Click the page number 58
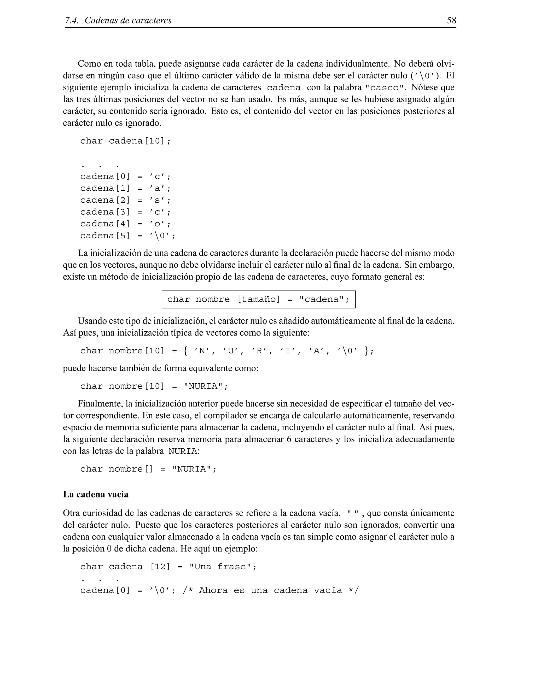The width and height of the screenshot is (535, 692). [x=451, y=20]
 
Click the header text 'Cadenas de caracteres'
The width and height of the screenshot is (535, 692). [x=128, y=21]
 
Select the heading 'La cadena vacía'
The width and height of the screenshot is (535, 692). [x=96, y=494]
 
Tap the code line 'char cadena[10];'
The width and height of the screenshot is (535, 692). [x=125, y=141]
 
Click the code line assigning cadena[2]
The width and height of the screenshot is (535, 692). [x=125, y=200]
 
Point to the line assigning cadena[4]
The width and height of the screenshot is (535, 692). [x=125, y=224]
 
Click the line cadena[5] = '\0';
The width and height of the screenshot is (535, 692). [x=127, y=236]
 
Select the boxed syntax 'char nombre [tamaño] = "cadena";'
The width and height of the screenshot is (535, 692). [x=258, y=300]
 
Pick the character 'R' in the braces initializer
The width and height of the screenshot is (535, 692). [x=259, y=351]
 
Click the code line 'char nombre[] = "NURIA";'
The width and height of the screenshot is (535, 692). [x=148, y=469]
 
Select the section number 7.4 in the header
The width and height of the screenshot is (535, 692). [x=72, y=21]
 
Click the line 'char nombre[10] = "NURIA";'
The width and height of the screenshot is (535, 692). [x=154, y=386]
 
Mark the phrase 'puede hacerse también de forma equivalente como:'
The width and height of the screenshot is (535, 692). [x=161, y=368]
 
